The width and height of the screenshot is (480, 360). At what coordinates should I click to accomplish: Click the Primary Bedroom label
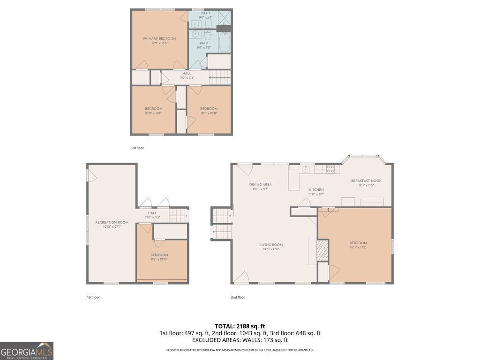[159, 38]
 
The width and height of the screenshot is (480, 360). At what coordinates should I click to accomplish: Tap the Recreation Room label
[112, 222]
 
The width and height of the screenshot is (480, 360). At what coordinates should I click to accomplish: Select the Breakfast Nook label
[366, 180]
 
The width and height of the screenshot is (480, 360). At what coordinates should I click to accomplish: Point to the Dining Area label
[260, 184]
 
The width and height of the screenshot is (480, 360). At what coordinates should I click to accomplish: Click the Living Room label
[271, 245]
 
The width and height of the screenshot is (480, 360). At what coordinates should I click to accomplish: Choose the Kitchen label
[316, 190]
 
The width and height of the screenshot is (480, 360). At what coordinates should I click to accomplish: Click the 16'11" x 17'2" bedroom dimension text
[358, 247]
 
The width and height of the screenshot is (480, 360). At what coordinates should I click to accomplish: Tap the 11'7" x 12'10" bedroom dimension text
[159, 259]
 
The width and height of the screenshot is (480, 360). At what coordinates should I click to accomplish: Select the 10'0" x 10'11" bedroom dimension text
[153, 113]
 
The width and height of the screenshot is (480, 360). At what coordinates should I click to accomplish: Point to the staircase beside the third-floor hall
[220, 77]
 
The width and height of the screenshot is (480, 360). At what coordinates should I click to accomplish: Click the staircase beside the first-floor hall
[178, 216]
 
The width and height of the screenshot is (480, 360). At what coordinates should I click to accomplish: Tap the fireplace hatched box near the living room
[322, 251]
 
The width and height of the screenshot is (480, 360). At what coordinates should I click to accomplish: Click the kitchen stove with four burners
[330, 169]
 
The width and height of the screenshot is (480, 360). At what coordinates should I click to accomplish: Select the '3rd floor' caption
[137, 148]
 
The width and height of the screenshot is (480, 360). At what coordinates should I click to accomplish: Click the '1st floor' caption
[93, 297]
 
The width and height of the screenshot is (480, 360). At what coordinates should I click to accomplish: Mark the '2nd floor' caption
[238, 297]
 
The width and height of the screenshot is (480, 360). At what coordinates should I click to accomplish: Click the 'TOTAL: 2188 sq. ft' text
[240, 326]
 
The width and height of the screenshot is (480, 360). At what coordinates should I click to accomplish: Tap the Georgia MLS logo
[27, 351]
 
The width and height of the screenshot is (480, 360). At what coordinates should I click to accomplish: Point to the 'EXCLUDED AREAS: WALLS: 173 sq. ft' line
[240, 340]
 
